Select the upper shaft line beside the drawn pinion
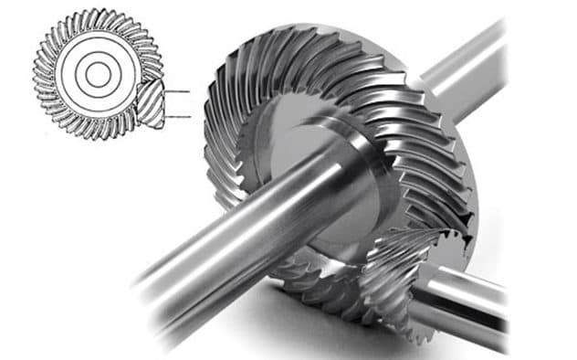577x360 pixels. [x=179, y=91]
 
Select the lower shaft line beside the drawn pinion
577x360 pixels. [x=179, y=116]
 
